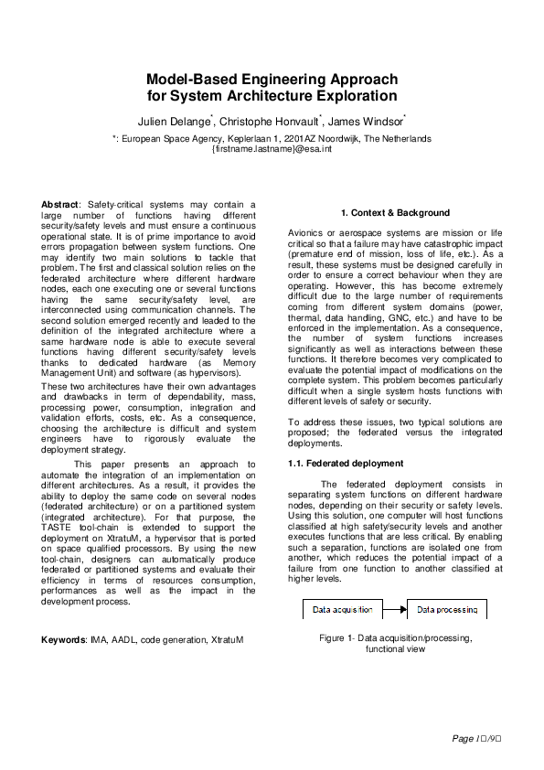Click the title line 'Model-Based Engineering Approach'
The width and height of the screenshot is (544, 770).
(x=272, y=80)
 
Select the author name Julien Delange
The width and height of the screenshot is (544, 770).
(x=174, y=121)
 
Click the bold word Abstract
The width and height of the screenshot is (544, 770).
(x=60, y=204)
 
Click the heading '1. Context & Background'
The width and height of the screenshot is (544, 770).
(x=395, y=213)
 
